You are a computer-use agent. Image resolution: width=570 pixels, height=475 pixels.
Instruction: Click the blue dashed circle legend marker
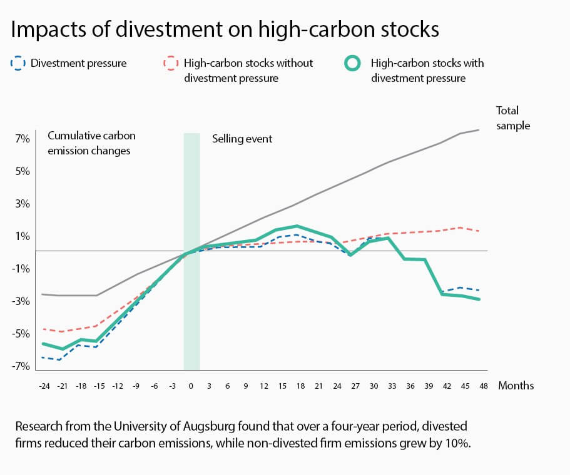(18, 63)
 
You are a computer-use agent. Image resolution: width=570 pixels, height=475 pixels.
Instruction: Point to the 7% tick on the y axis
(23, 139)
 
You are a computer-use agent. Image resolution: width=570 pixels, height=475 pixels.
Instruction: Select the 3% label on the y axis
(23, 204)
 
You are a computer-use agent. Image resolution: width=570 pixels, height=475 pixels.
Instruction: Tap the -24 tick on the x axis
(44, 386)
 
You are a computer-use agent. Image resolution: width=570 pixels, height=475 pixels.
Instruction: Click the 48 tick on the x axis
(483, 386)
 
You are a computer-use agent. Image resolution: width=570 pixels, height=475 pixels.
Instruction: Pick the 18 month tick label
(300, 386)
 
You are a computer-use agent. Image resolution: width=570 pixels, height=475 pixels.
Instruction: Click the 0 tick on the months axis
(191, 386)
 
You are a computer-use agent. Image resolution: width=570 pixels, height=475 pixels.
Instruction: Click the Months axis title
(516, 386)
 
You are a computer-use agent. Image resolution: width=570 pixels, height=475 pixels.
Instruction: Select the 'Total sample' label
(512, 118)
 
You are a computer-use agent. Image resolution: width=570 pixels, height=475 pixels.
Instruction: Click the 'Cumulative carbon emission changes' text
(91, 142)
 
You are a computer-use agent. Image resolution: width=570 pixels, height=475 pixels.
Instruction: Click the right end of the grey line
(479, 130)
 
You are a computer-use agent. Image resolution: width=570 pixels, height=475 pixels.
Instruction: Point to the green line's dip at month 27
(350, 254)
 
